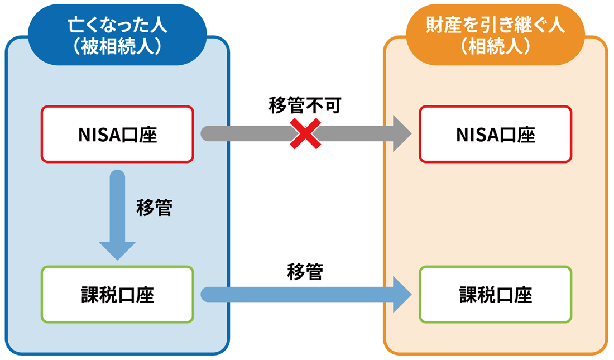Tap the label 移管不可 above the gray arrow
pos(304,105)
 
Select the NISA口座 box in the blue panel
pos(117,134)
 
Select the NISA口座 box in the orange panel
pos(496,134)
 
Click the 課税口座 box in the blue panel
pos(117,294)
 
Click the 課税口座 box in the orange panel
pos(496,294)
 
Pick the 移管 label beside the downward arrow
pos(154,208)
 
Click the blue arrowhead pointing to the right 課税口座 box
pos(401,294)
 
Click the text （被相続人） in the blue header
pos(117,46)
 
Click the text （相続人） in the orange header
pos(496,46)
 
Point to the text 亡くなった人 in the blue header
pos(117,25)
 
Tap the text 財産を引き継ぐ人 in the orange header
pos(496,25)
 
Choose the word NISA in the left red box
pos(100,135)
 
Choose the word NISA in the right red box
pos(478,135)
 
